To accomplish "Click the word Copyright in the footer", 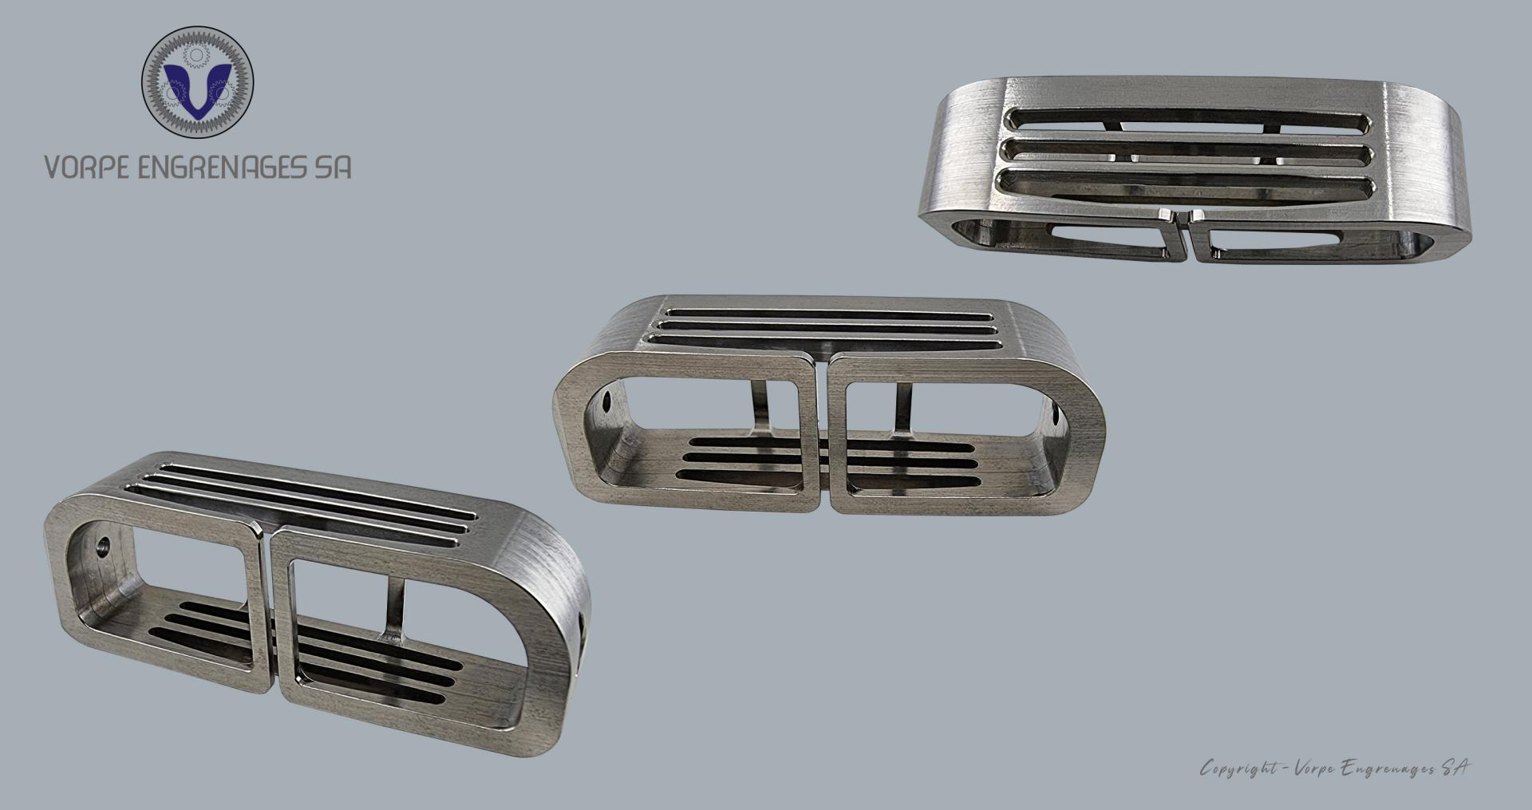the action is [x=1238, y=769].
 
